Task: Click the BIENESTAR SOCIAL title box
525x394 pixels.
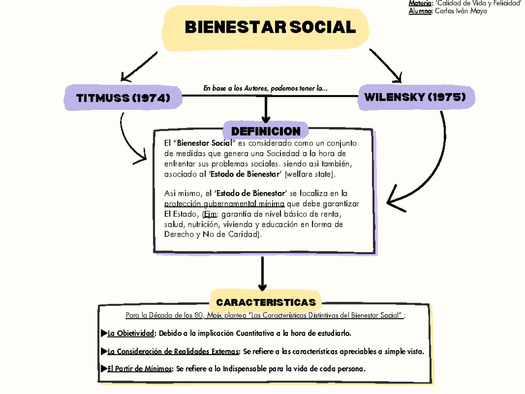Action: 265,28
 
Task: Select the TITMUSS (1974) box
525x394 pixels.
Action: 123,98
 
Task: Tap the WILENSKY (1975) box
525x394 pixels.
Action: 415,97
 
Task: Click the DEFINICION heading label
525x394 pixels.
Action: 266,131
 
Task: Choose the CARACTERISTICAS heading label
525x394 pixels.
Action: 266,302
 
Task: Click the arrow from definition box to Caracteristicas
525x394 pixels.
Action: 262,274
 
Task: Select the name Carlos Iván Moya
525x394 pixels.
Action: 461,11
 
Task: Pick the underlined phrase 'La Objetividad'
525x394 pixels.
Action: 131,334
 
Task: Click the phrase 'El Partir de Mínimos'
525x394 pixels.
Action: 140,369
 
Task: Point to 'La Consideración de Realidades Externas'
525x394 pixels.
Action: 173,351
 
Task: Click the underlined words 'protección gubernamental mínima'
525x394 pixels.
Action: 224,204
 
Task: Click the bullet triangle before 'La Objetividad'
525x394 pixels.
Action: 104,334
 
